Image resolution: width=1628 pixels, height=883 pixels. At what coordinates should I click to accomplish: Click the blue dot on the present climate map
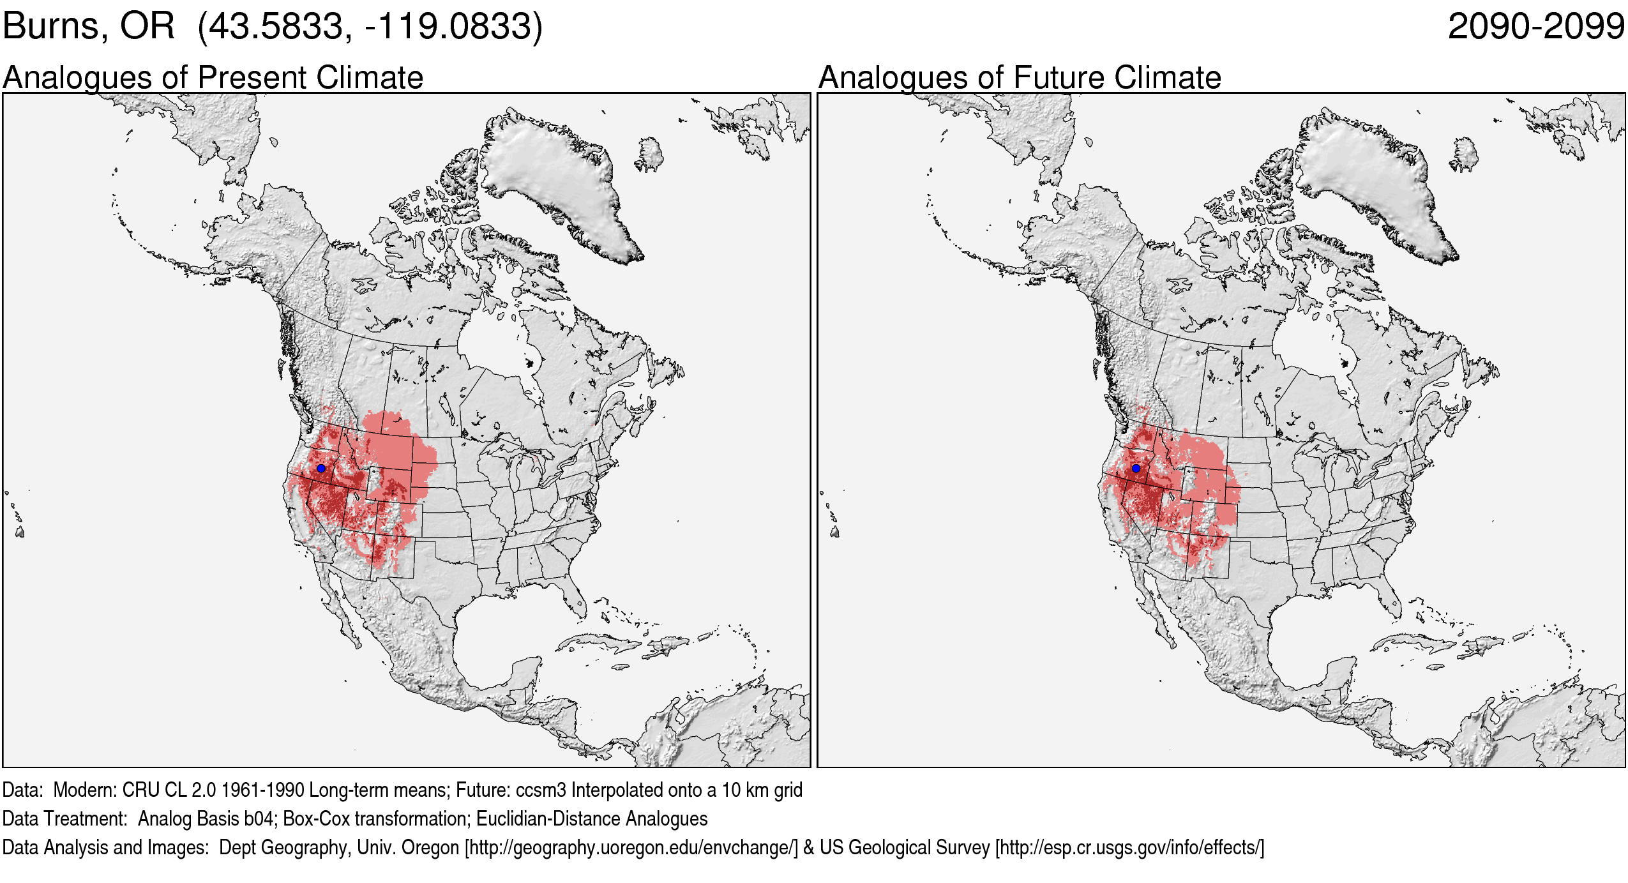coord(321,468)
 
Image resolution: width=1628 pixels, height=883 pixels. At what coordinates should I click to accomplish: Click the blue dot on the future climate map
coord(1136,468)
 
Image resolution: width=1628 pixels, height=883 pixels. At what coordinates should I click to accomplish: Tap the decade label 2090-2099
coord(1535,27)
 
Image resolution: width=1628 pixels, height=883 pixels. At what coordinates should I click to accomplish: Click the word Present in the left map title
coord(253,78)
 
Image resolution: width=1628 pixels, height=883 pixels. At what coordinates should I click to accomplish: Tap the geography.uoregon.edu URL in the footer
coord(631,848)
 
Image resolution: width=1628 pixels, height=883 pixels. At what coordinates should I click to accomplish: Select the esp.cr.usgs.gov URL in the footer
coord(1129,848)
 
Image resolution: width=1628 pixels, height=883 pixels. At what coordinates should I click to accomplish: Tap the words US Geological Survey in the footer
coord(904,848)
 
